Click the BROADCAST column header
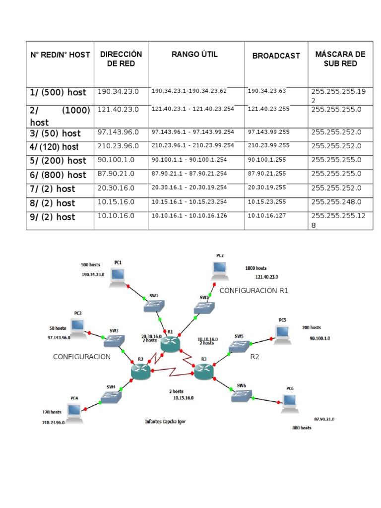point(276,56)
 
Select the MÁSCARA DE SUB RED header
point(340,59)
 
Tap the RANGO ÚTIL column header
point(194,54)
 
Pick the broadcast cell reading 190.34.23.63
point(267,91)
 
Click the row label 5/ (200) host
point(58,161)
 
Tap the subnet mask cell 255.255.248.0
point(336,202)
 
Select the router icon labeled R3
point(203,371)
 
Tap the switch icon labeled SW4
point(110,397)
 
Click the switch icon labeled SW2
point(203,308)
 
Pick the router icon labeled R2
point(140,371)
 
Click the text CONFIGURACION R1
point(254,291)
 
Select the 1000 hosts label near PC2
point(256,268)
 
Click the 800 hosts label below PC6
point(302,427)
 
